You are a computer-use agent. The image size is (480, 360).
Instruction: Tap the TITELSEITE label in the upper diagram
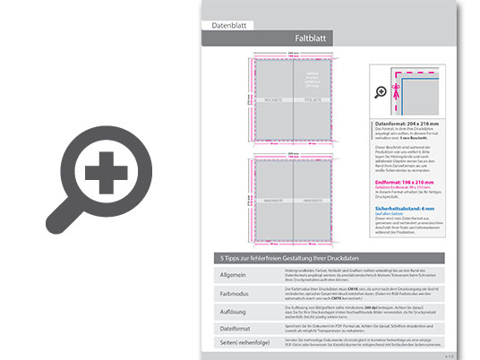[313, 99]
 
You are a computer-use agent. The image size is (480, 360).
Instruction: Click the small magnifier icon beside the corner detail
[381, 92]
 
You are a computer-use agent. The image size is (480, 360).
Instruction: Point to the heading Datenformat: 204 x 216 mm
[409, 124]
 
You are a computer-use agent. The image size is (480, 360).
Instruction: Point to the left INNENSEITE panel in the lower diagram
[272, 200]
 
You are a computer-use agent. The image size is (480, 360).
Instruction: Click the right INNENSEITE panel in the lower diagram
[313, 200]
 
